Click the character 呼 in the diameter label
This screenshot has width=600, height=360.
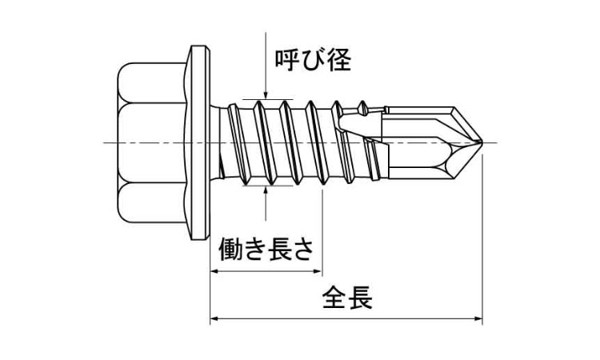pyautogui.click(x=287, y=60)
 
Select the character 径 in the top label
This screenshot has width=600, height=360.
pyautogui.click(x=338, y=60)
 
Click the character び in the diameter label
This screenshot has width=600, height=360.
pyautogui.click(x=313, y=60)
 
